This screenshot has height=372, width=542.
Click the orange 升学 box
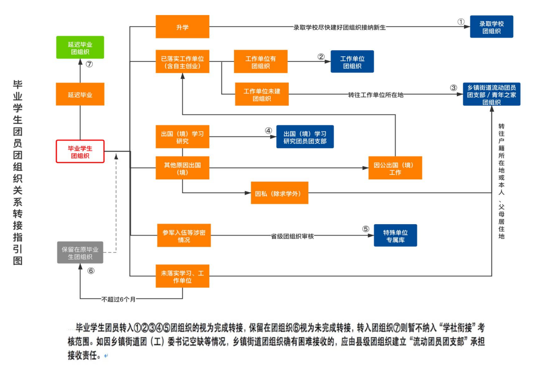point(182,27)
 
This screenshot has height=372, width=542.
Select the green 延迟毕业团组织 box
point(80,48)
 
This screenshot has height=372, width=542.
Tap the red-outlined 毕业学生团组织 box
point(80,151)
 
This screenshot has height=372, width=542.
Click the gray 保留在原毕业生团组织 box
point(80,253)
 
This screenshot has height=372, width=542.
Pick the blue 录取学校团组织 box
point(491,27)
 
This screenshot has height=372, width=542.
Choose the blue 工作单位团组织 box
point(352,62)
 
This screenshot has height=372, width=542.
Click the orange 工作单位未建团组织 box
point(262,94)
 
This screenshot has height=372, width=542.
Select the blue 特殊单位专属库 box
point(395,235)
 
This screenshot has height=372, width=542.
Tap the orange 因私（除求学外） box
point(279,193)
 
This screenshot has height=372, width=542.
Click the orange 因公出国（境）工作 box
point(395,168)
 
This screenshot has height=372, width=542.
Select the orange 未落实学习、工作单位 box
point(182,276)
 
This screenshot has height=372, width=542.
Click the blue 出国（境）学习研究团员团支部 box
point(305,137)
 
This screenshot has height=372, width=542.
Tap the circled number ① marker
point(461,22)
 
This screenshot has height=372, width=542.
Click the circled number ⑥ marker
point(91,270)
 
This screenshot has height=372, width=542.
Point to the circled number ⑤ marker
point(365,229)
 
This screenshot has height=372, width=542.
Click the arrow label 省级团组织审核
point(292,236)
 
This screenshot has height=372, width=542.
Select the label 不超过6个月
point(118,299)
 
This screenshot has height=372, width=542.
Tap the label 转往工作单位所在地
point(376,95)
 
